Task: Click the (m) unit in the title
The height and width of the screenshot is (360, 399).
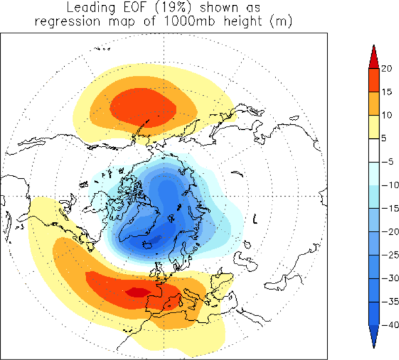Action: coord(284,22)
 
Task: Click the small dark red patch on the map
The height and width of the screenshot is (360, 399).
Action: coord(136,292)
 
